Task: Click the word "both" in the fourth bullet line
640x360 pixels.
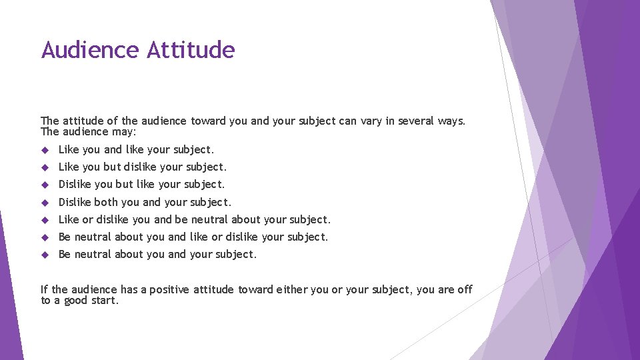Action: pos(106,202)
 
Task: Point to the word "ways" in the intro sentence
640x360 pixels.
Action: pos(451,121)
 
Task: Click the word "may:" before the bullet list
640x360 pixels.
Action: pos(123,131)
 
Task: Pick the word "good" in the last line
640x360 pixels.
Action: pos(75,300)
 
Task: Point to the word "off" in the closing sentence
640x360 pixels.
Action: pos(465,289)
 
